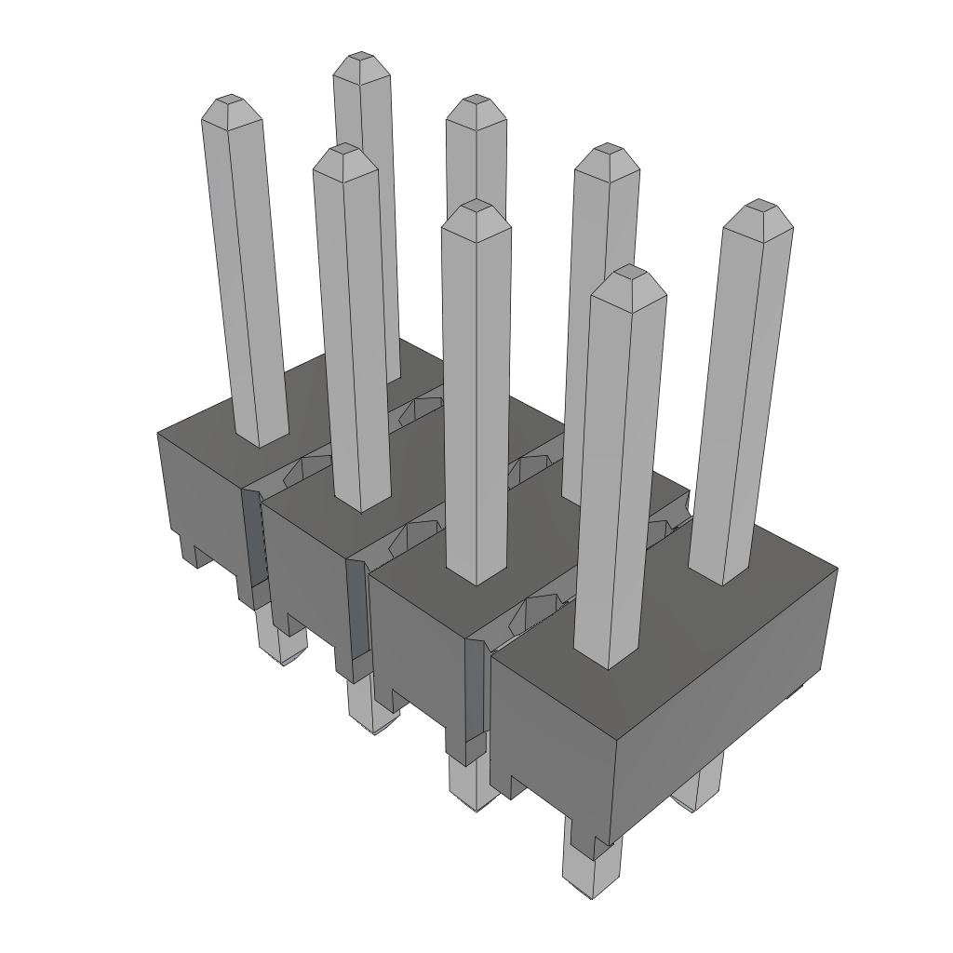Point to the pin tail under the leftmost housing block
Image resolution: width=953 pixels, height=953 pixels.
click(282, 642)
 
